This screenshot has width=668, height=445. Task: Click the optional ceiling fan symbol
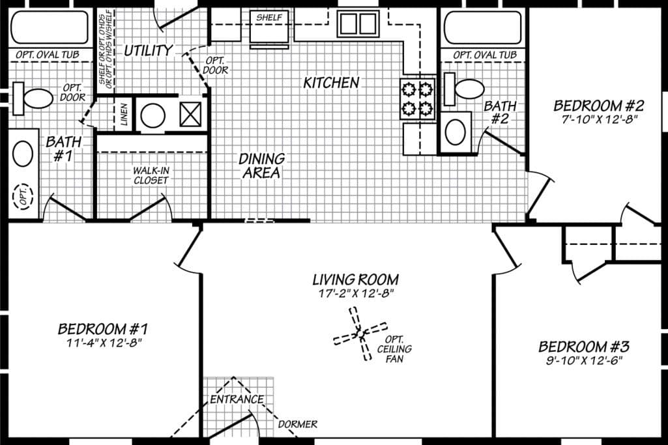tap(359, 336)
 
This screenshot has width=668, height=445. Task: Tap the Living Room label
tap(355, 280)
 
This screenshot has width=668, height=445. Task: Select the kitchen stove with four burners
tap(418, 98)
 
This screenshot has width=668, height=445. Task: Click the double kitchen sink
tap(357, 24)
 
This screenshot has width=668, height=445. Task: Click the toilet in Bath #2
tap(463, 87)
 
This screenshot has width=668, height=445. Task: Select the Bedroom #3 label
tap(583, 346)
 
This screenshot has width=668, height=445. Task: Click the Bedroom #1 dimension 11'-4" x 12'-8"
tap(104, 341)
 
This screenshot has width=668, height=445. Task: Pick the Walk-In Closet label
tap(151, 175)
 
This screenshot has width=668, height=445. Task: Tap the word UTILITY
tap(149, 50)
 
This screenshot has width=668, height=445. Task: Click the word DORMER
tap(297, 424)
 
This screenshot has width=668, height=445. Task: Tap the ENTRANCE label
tap(237, 399)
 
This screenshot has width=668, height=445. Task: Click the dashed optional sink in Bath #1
tap(23, 196)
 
